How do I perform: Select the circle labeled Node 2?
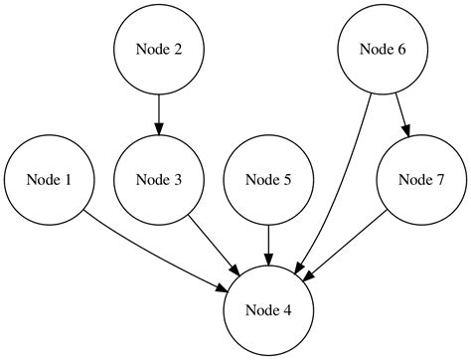(159, 49)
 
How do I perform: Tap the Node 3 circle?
(159, 180)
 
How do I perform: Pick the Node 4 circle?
(268, 311)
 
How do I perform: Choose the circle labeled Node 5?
(268, 180)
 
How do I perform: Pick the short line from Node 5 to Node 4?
(268, 239)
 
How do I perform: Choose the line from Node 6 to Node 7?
(401, 109)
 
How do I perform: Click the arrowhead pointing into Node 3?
(159, 128)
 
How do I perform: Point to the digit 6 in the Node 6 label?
(402, 49)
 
